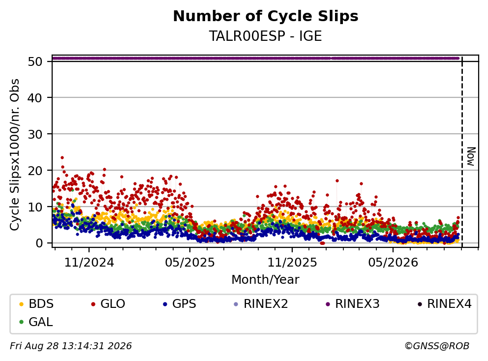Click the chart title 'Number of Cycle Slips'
266,16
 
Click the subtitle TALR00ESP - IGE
266,36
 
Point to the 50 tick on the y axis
35,61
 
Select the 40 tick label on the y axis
35,98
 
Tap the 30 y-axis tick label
35,134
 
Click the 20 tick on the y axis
35,171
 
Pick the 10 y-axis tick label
35,207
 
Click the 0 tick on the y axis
39,243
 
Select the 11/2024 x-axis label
89,263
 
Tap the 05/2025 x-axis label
190,263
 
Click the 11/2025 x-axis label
292,263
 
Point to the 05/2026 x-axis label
393,263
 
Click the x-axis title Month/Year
266,279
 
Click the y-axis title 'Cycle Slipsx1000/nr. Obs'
14,154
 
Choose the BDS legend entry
36,304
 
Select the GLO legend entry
108,304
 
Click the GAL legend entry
36,322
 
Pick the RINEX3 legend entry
353,304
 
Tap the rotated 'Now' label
471,156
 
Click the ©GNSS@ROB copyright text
437,346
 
